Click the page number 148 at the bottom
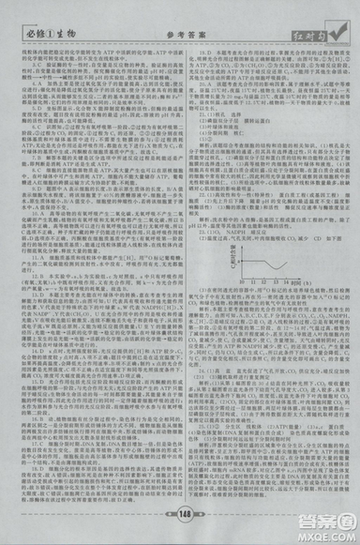click(x=179, y=514)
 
